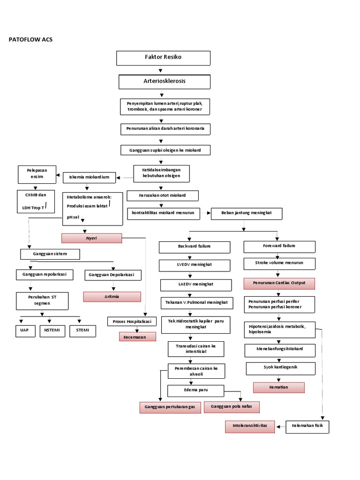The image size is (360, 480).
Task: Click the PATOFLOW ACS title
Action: (x=31, y=39)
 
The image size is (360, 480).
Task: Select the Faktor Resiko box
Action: (x=164, y=58)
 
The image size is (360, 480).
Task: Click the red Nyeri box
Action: (x=91, y=238)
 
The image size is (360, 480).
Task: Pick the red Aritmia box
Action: (x=112, y=297)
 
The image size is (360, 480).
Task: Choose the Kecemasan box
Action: (x=137, y=337)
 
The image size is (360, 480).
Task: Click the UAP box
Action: (x=22, y=331)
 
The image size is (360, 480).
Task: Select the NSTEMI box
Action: (x=52, y=331)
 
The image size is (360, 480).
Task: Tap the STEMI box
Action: (x=82, y=331)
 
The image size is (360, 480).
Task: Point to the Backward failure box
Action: (x=195, y=247)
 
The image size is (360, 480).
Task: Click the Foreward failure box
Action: (x=279, y=246)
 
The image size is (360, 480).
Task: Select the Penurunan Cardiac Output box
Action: (x=279, y=283)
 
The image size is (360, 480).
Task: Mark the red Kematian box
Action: (x=279, y=388)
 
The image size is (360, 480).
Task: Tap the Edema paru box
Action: (x=195, y=390)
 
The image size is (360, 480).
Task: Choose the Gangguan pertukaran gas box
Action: (x=170, y=407)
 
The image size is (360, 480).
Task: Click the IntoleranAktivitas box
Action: (x=250, y=426)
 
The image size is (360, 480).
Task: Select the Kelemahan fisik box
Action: (x=307, y=427)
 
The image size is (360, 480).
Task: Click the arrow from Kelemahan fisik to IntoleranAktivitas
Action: (x=280, y=427)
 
